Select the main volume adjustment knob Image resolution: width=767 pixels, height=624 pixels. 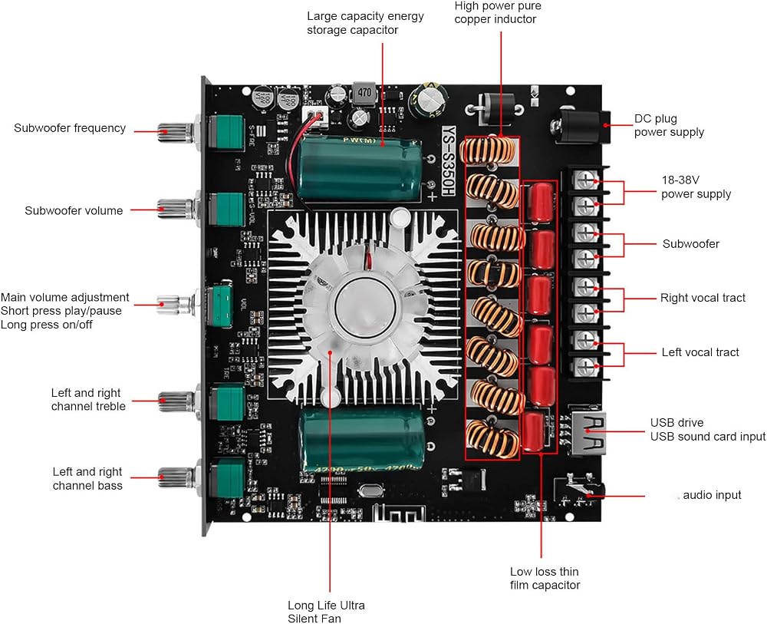pyautogui.click(x=173, y=304)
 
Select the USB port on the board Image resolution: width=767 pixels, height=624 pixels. pyautogui.click(x=588, y=433)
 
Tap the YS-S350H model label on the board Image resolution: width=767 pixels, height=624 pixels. pyautogui.click(x=449, y=161)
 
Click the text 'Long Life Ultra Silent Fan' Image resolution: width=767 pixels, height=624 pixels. pyautogui.click(x=326, y=612)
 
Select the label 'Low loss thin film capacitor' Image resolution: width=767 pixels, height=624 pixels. pyautogui.click(x=545, y=578)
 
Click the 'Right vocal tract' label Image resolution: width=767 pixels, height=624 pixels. pyautogui.click(x=703, y=298)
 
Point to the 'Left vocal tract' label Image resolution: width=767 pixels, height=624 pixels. pyautogui.click(x=700, y=352)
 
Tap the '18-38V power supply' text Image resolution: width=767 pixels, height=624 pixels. pyautogui.click(x=696, y=187)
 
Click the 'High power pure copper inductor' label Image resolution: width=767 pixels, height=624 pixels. pyautogui.click(x=498, y=13)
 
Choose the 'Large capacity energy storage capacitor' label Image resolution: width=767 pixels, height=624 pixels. pyautogui.click(x=365, y=23)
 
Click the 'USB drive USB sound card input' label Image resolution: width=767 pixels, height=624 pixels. pyautogui.click(x=707, y=429)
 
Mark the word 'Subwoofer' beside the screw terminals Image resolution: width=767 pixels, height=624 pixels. pyautogui.click(x=691, y=244)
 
